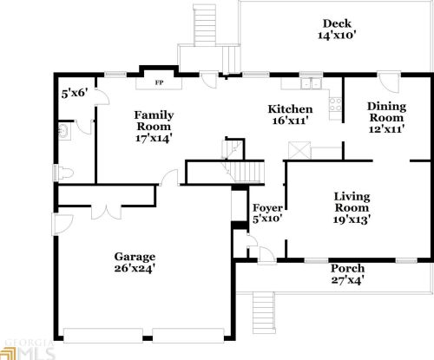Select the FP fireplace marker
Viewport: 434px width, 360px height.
(x=159, y=83)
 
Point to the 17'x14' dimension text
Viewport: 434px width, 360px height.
(x=153, y=137)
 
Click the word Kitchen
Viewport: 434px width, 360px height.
(x=290, y=108)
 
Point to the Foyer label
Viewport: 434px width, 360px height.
(x=265, y=208)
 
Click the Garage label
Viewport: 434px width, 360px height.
(x=135, y=257)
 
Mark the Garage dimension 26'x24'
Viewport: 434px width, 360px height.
(x=135, y=269)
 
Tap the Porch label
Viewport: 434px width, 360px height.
(x=346, y=269)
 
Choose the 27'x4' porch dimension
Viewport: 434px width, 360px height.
(x=346, y=280)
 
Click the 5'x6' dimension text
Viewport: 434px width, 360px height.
(x=74, y=92)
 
